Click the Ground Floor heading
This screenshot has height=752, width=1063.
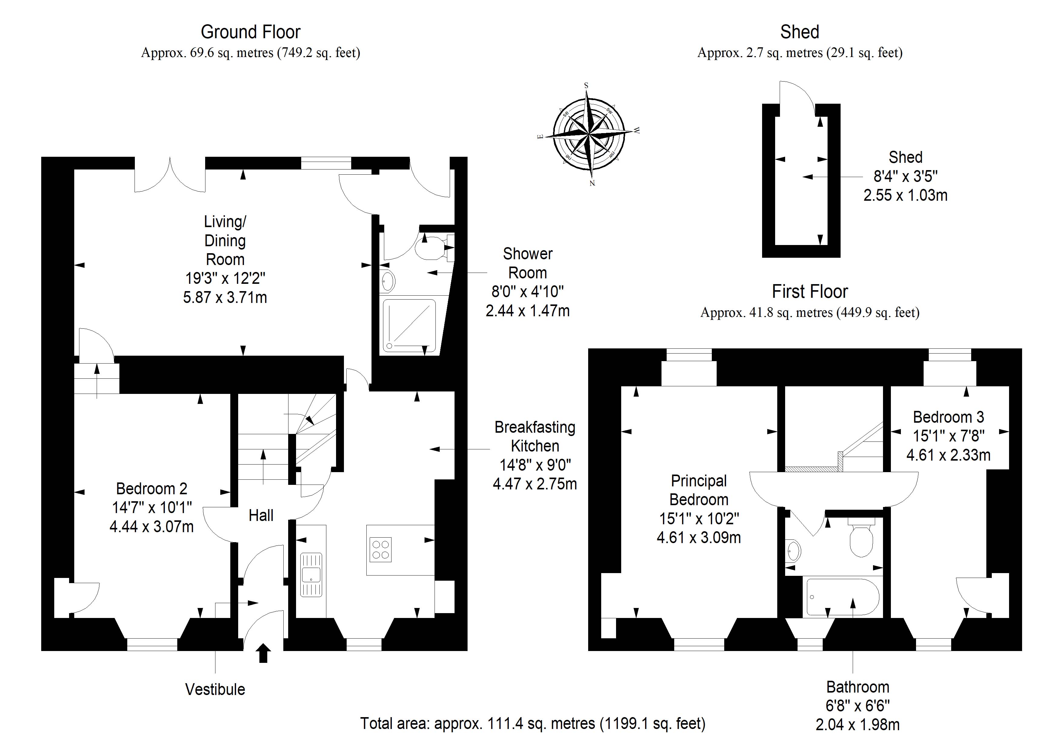pos(251,32)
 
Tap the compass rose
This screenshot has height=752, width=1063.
pos(589,134)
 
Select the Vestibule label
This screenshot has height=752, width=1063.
pos(215,690)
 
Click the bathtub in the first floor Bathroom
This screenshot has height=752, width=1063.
pos(843,597)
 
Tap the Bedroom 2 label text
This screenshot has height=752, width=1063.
pos(152,489)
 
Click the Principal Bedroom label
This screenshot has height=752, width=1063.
pos(699,490)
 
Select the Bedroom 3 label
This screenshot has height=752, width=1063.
pos(948,417)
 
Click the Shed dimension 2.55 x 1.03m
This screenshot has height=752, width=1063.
pos(905,195)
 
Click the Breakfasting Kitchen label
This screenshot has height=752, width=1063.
pos(535,436)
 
